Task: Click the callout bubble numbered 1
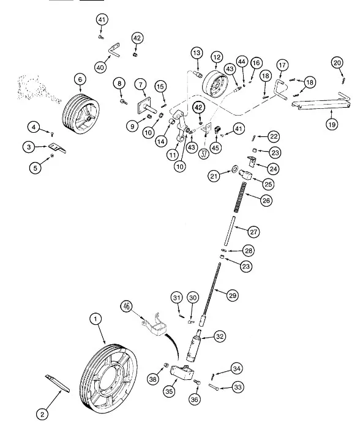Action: pos(96,319)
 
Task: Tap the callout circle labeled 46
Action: pos(126,306)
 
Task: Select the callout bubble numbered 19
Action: pos(332,125)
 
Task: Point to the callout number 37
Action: pos(204,154)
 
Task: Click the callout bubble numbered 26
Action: pos(266,201)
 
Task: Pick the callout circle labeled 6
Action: pos(80,80)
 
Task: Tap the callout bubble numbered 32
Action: pos(220,336)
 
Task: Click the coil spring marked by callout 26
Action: pos(240,197)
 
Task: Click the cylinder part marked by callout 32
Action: pos(193,346)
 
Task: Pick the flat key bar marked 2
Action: pos(58,384)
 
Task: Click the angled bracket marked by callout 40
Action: pos(113,50)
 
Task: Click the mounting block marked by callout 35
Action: pos(182,373)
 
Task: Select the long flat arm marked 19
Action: pos(321,103)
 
